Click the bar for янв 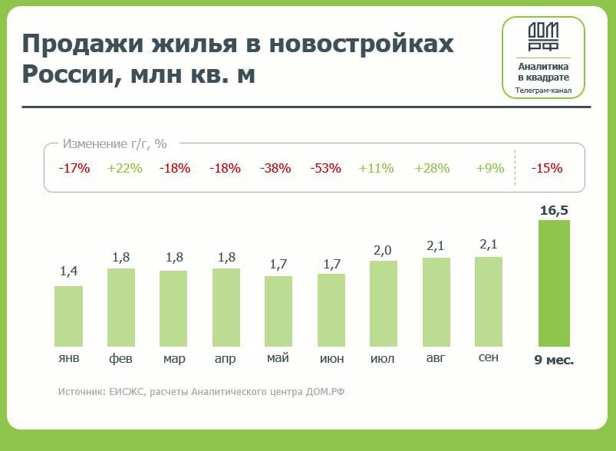[68, 316]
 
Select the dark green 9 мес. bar [553, 283]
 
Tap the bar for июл [383, 304]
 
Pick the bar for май [278, 311]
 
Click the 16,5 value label [553, 209]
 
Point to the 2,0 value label [383, 250]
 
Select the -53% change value [325, 168]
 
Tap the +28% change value [432, 168]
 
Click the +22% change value [125, 168]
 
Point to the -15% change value [547, 168]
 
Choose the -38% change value [275, 168]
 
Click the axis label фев [120, 358]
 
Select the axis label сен [489, 357]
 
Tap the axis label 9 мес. [554, 359]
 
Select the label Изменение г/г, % [115, 143]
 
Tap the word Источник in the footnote [81, 392]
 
